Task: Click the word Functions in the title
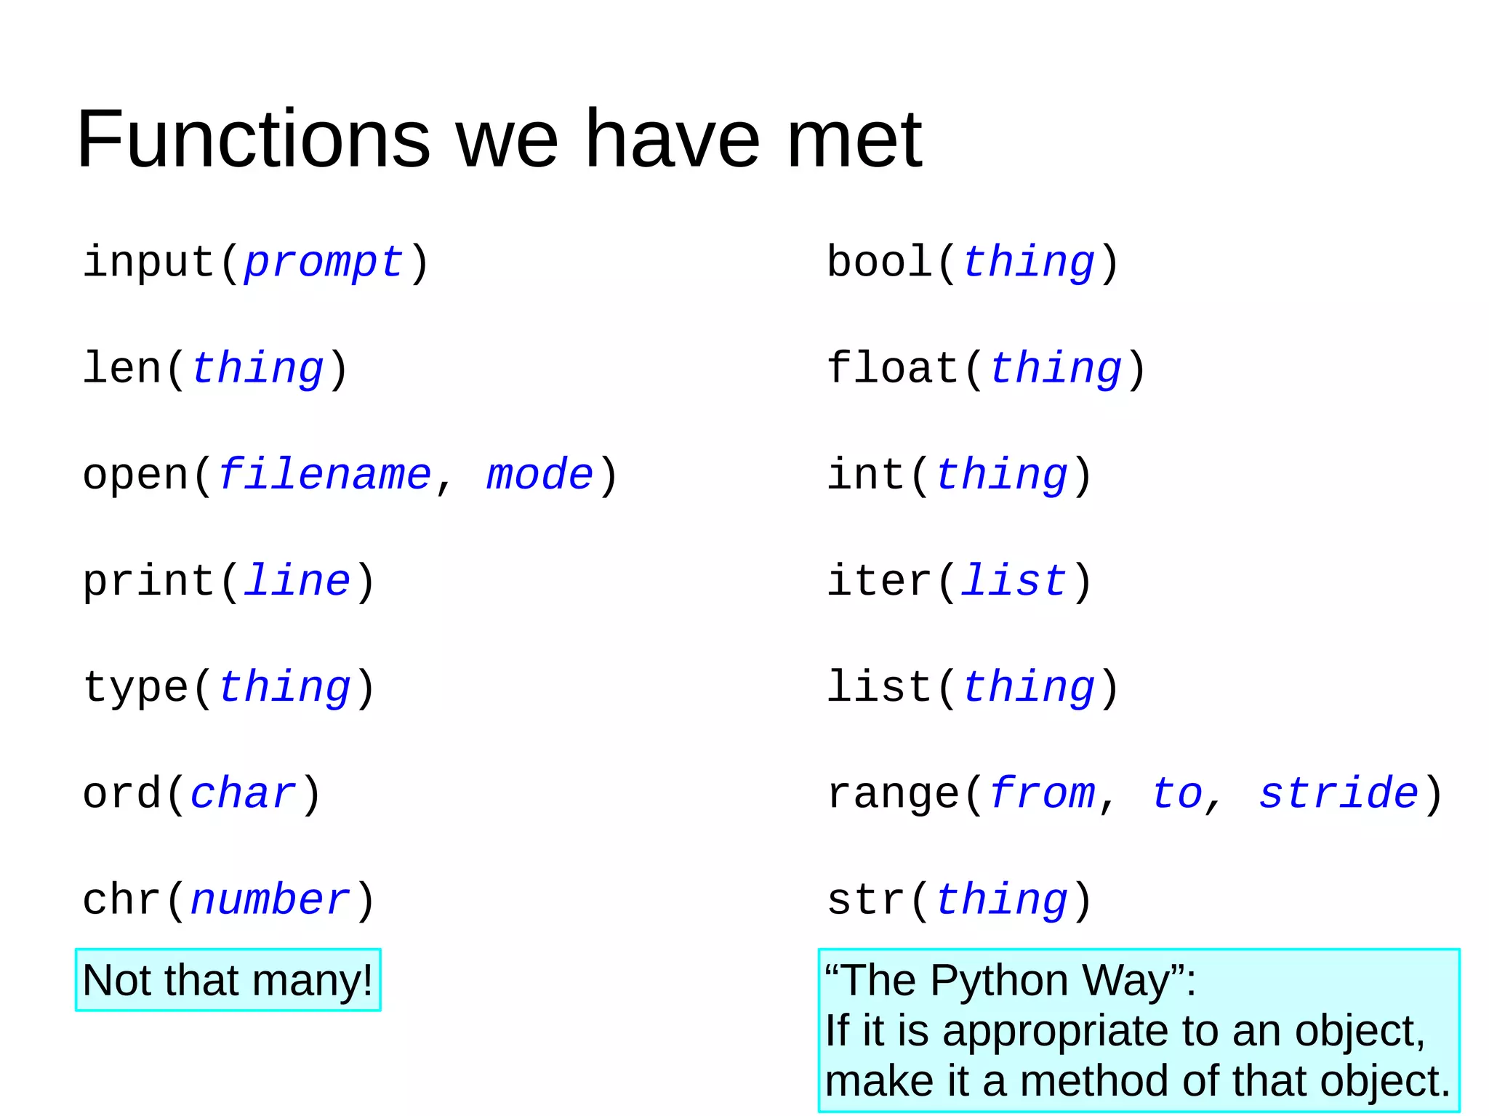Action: (x=254, y=139)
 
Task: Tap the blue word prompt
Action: (x=324, y=262)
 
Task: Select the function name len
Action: (x=122, y=368)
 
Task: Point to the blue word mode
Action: (x=539, y=475)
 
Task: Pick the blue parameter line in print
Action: (x=297, y=581)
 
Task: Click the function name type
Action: (x=135, y=688)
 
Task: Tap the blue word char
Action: (x=243, y=793)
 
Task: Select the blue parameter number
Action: (x=270, y=900)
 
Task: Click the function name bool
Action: (x=880, y=262)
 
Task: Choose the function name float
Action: (x=893, y=368)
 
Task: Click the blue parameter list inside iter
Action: (x=1014, y=581)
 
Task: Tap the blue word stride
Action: (x=1339, y=793)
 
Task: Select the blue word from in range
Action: (x=1042, y=793)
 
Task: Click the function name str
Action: (x=867, y=900)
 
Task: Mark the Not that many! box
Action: (x=228, y=980)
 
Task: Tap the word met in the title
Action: (x=854, y=139)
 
